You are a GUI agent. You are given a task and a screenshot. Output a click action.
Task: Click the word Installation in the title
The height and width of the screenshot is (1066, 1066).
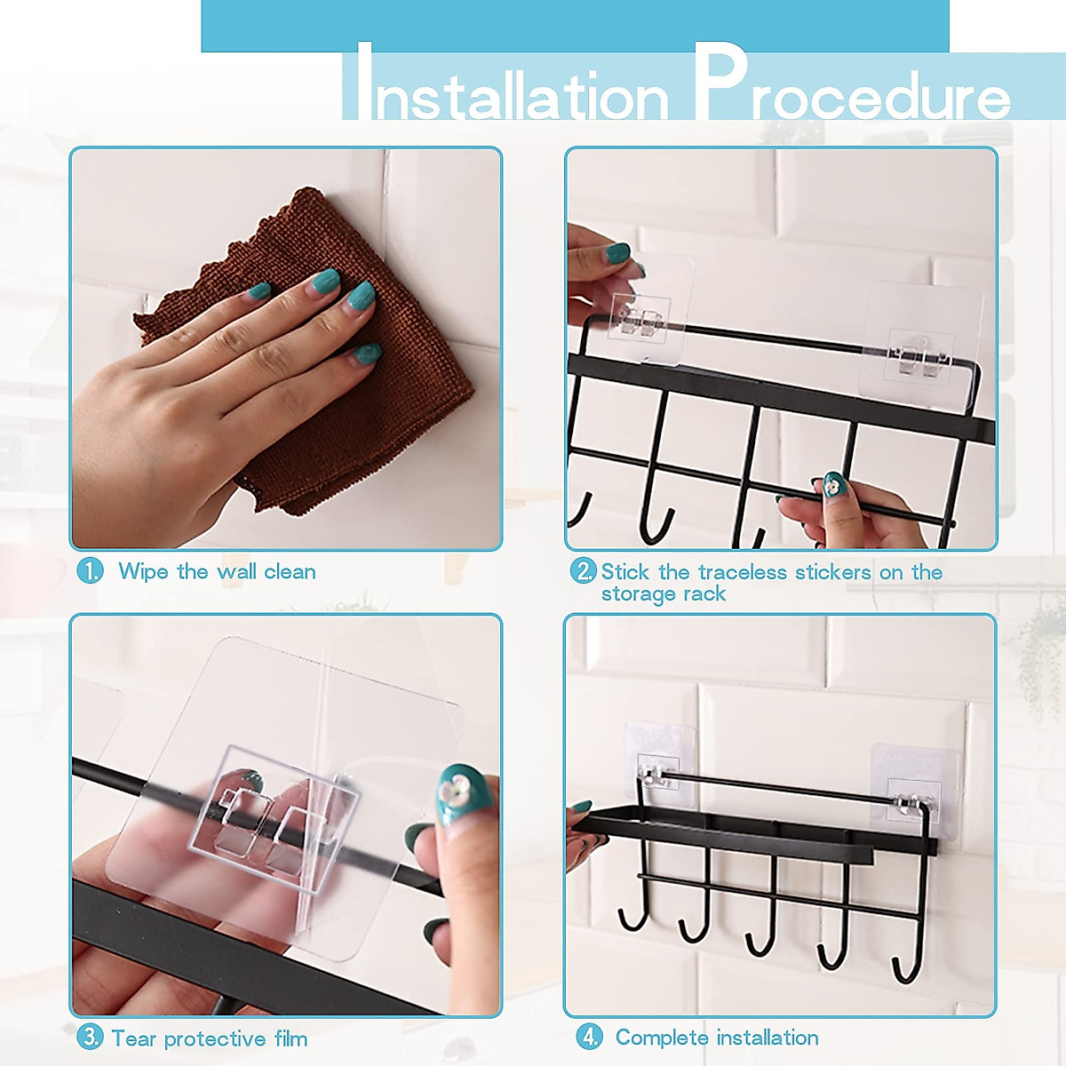pos(506,89)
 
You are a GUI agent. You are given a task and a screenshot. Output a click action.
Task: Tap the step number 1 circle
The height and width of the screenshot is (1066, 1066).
pos(90,570)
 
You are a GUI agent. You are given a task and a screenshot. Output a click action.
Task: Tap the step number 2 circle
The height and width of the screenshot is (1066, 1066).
pos(583,571)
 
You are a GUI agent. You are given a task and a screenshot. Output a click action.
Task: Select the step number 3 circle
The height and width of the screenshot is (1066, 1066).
pos(90,1037)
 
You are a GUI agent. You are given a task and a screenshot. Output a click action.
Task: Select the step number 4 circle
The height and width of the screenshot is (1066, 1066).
pos(589,1037)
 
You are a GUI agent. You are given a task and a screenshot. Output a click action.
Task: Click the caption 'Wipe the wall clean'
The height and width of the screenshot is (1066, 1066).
pos(217,571)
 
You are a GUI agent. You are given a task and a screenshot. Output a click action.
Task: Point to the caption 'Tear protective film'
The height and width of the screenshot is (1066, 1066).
pos(209,1038)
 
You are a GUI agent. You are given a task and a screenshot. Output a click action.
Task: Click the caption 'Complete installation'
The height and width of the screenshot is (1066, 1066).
pos(717,1038)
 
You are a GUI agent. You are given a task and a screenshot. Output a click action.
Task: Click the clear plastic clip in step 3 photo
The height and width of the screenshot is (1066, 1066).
pos(275,817)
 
